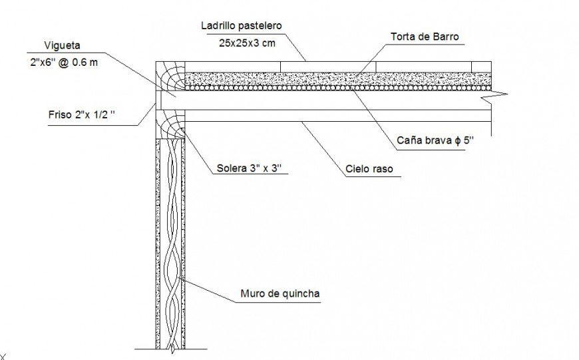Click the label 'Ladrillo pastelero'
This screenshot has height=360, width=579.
coord(242,25)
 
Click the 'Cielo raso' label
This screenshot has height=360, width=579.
coord(369,169)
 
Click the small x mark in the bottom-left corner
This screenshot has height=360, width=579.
coord(3,357)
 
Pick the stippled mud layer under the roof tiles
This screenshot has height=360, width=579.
coord(333,78)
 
